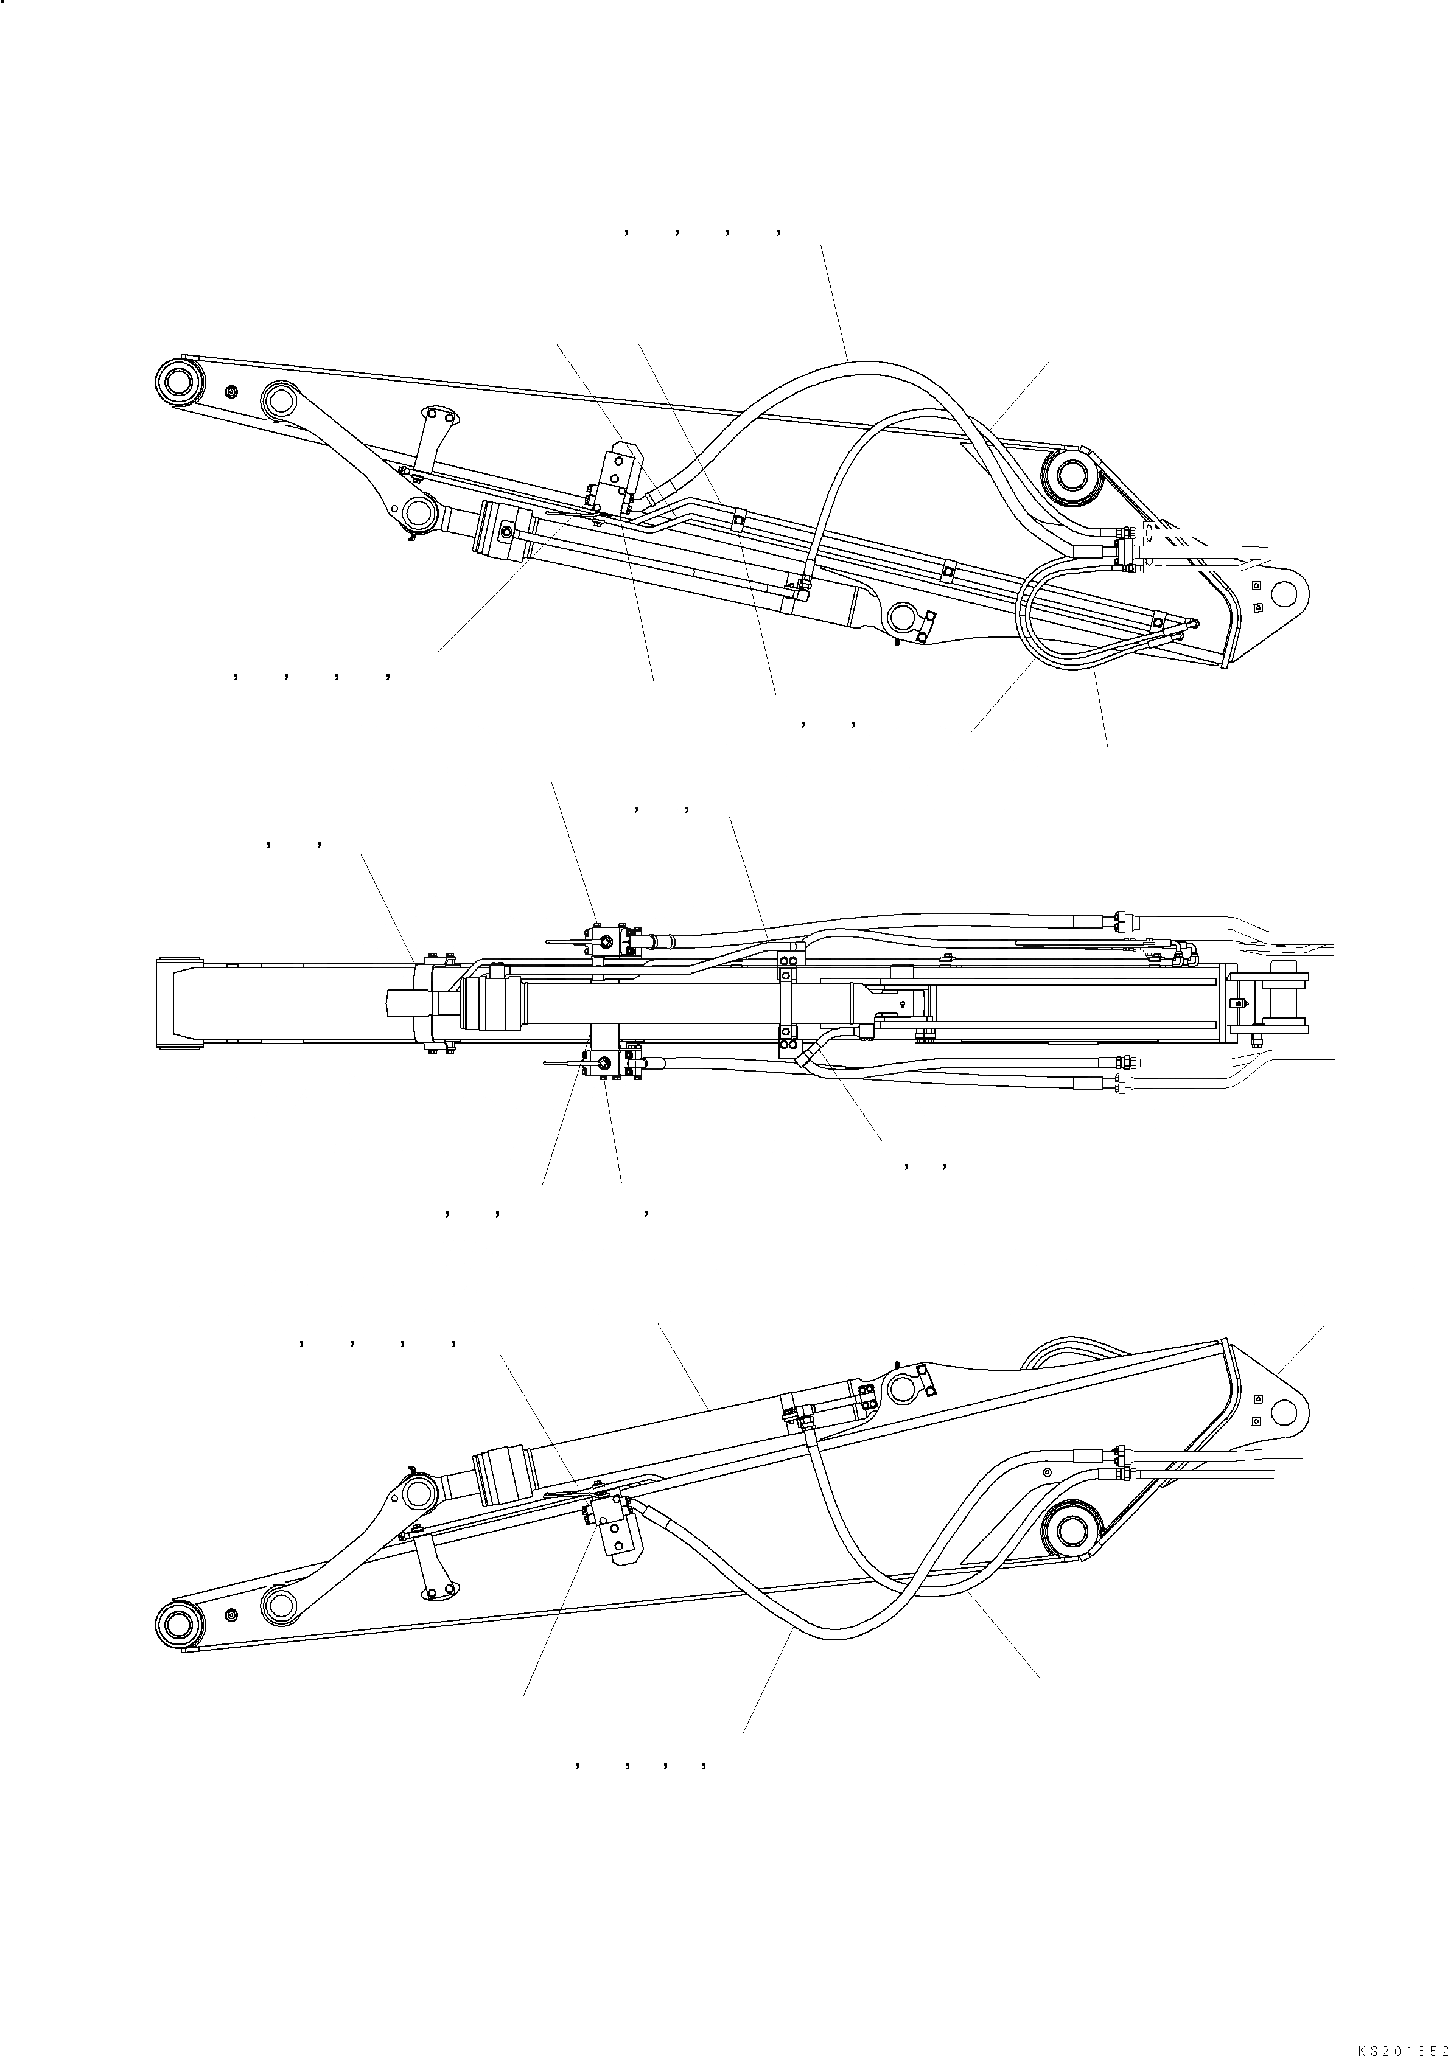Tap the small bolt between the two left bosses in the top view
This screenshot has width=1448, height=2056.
click(232, 391)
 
